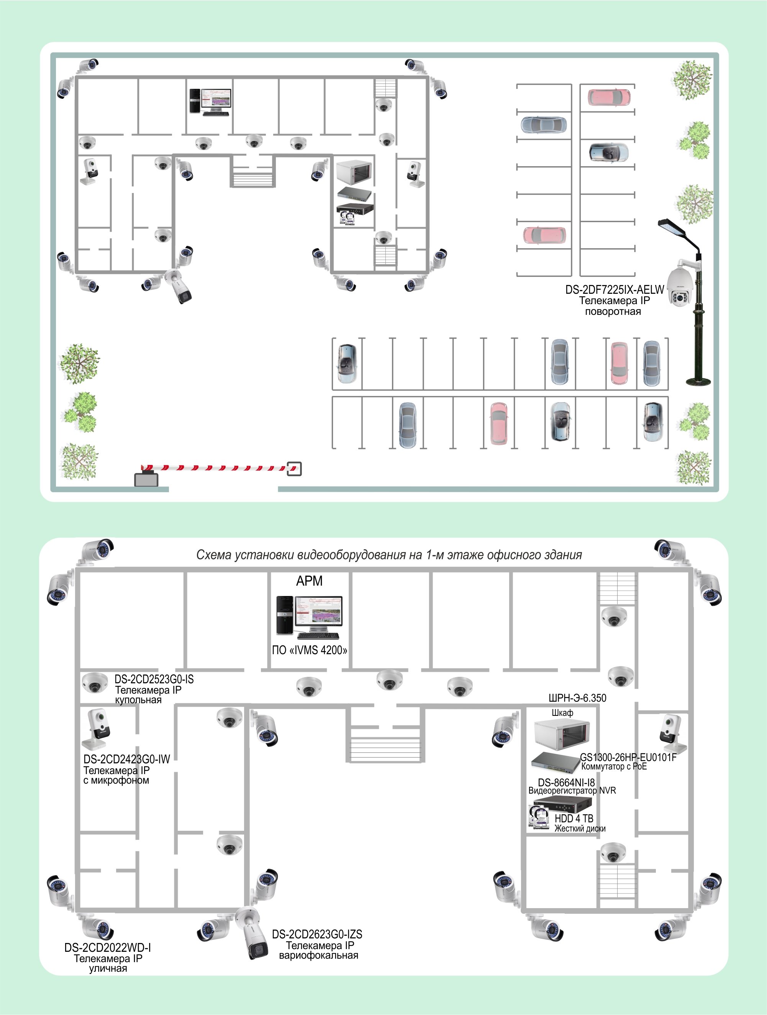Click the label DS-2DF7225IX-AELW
point(614,290)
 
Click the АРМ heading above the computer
point(310,581)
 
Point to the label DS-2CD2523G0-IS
point(154,679)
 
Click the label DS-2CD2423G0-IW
point(127,760)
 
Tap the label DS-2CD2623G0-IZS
point(317,934)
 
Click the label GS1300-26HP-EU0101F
point(628,757)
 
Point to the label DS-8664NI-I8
point(566,783)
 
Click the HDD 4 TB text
point(574,819)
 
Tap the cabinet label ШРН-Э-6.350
point(577,698)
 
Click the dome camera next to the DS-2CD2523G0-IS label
point(95,682)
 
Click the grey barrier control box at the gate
point(146,480)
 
